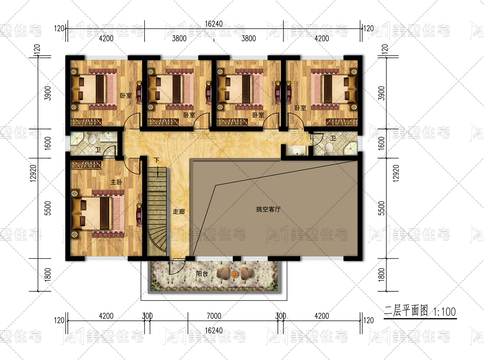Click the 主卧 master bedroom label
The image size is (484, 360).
[116, 182]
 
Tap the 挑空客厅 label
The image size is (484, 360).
[268, 210]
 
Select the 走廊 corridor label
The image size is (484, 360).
[179, 211]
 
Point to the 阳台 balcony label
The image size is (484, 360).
[202, 274]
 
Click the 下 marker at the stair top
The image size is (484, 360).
[156, 160]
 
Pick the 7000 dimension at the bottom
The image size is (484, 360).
[214, 316]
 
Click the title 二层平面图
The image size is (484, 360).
[406, 311]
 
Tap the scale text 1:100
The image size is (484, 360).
[444, 312]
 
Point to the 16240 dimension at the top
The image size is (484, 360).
[214, 24]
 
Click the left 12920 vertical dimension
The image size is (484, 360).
[33, 173]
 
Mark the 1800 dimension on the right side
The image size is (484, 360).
[381, 275]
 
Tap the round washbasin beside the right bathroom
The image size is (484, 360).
[297, 150]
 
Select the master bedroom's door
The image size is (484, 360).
[131, 166]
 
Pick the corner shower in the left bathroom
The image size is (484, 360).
[77, 138]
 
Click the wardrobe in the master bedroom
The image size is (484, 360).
[86, 165]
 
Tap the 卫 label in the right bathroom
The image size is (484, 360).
[333, 138]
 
